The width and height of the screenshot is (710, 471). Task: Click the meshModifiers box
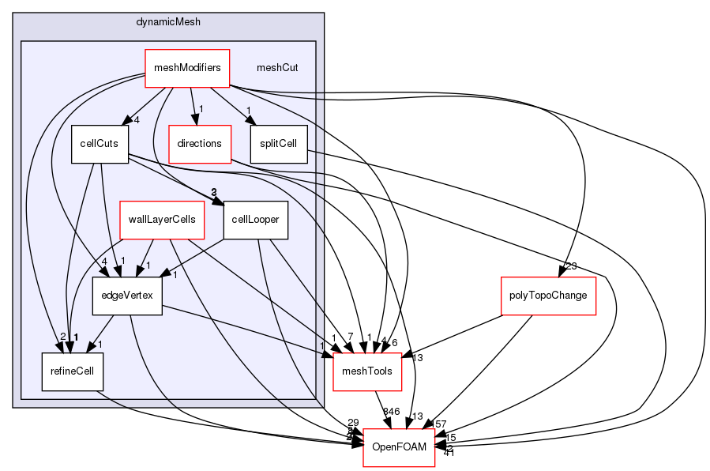click(186, 68)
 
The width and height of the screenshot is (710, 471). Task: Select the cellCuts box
click(100, 144)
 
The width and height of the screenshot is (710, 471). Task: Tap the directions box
click(199, 144)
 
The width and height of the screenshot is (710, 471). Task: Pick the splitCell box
click(278, 144)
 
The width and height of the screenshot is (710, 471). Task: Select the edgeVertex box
click(127, 296)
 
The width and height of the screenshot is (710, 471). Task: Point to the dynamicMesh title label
click(168, 21)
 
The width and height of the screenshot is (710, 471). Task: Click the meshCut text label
click(277, 68)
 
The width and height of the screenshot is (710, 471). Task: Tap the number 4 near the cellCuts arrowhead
click(137, 120)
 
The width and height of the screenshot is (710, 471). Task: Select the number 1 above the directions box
click(202, 108)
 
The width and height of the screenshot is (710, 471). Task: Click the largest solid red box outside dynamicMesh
click(548, 296)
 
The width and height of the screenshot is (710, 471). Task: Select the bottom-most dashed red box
click(399, 447)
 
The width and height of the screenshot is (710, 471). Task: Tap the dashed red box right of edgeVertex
click(367, 372)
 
